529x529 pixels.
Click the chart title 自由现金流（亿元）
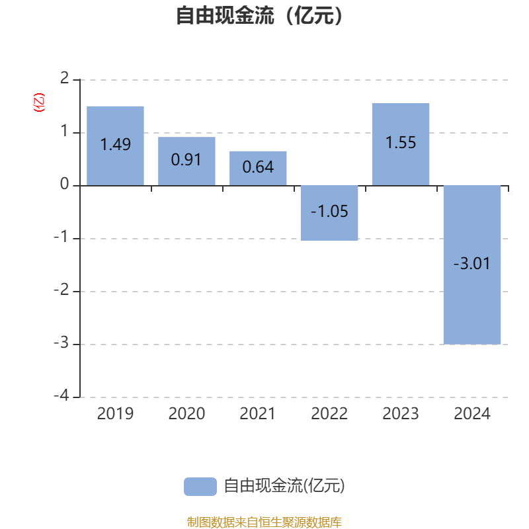tap(259, 15)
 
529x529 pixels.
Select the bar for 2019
tap(115, 145)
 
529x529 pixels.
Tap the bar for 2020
tap(186, 161)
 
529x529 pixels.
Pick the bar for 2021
tap(258, 169)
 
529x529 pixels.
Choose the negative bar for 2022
tap(329, 213)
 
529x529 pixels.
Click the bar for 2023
tap(401, 144)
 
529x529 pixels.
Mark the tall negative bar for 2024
tap(472, 265)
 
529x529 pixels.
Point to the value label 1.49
tap(115, 144)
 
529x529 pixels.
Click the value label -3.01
tap(471, 263)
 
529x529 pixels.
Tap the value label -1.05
tap(329, 212)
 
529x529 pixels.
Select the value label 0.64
tap(258, 167)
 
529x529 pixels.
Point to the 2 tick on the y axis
tap(64, 78)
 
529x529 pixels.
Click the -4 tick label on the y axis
tap(61, 395)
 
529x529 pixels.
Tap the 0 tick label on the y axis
tap(64, 184)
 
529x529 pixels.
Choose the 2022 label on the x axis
tap(329, 414)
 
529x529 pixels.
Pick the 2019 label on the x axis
tap(115, 414)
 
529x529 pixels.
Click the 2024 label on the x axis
tap(472, 414)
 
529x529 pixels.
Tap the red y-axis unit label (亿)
tap(39, 102)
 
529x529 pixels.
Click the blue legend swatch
tap(200, 487)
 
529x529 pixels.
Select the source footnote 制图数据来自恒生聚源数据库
tap(264, 522)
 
